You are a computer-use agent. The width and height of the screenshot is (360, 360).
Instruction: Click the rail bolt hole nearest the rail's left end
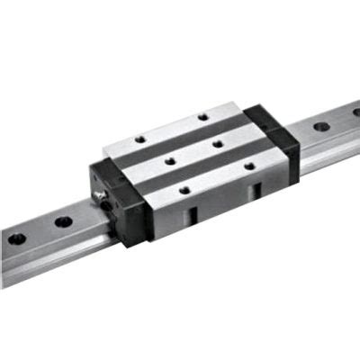(17, 239)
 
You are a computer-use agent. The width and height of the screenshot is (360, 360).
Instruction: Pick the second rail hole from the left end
(62, 220)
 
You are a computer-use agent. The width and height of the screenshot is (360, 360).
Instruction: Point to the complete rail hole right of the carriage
(320, 126)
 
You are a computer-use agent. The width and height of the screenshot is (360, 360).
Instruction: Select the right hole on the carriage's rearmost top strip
(203, 116)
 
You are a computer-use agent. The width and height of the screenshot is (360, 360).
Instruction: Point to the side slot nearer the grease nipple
(193, 217)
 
